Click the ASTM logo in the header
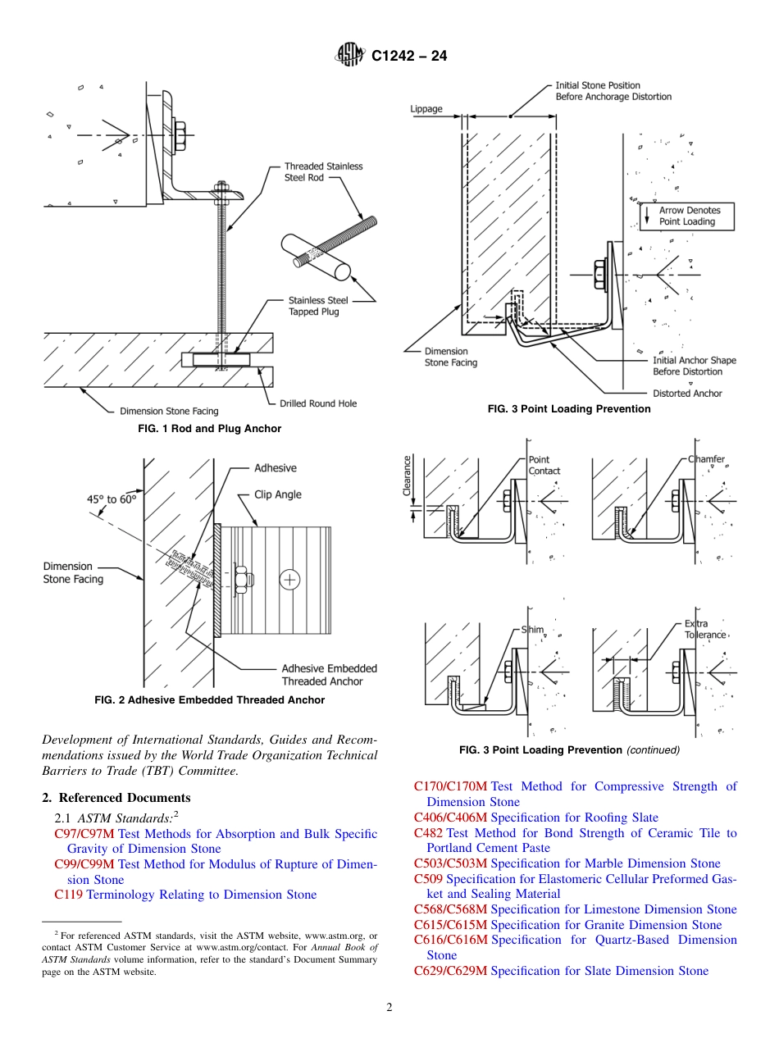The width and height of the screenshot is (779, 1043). [349, 56]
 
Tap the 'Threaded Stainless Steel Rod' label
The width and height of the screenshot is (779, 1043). [323, 172]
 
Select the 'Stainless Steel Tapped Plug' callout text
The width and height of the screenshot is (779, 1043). [313, 306]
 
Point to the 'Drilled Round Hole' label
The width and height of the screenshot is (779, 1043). [318, 403]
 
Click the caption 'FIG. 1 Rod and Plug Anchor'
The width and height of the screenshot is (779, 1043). [203, 429]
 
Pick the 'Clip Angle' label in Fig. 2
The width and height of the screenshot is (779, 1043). [278, 494]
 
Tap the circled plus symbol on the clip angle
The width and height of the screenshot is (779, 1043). [290, 581]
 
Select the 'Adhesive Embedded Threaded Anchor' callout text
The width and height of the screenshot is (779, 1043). [329, 675]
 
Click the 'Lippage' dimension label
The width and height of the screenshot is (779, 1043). [426, 108]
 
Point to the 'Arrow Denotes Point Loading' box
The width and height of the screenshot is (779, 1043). [686, 216]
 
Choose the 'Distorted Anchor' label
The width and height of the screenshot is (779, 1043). [687, 394]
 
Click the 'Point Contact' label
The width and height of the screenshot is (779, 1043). [544, 466]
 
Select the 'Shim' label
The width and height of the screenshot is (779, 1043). [533, 630]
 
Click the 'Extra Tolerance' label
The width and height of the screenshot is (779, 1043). [704, 630]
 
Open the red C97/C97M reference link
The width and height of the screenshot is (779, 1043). [85, 834]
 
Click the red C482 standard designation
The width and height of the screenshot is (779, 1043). [429, 833]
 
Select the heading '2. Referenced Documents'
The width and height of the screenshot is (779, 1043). [116, 798]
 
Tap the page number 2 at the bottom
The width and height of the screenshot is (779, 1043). [389, 1008]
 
